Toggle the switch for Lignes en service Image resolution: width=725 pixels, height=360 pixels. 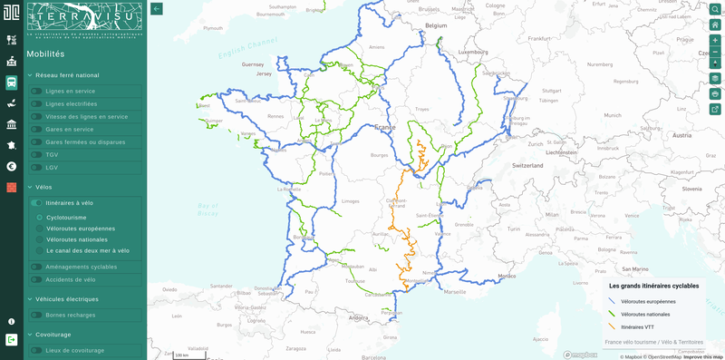point(36,91)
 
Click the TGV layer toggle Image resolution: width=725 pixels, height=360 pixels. point(36,155)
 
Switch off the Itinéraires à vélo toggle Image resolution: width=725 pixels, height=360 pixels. point(36,203)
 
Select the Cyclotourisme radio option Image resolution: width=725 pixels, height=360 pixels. point(39,218)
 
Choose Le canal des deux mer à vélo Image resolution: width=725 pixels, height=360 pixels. point(39,250)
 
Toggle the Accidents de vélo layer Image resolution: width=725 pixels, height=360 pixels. point(36,279)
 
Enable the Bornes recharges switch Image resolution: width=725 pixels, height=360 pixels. point(36,315)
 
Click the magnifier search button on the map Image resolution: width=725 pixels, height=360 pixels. point(715,9)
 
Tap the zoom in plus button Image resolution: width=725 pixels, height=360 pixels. point(715,41)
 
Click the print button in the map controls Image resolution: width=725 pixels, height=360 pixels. point(715,93)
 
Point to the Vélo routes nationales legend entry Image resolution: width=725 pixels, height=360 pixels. point(645,314)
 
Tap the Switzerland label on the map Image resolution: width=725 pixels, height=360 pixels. point(527,166)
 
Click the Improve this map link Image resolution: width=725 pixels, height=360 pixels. point(703,356)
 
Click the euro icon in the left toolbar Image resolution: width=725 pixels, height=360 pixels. point(11,166)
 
